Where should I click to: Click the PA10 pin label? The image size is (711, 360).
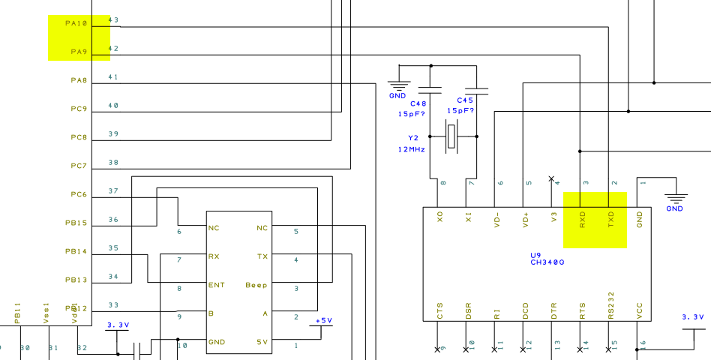pos(76,23)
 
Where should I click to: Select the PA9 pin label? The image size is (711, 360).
pos(79,52)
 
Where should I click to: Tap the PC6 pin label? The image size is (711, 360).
pos(79,195)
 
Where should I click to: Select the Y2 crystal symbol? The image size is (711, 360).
pos(451,136)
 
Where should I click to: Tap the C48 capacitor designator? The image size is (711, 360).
pos(418,103)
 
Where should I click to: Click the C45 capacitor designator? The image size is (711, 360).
pos(465,100)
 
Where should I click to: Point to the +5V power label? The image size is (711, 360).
pos(323,320)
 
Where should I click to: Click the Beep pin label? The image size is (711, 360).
pos(256,285)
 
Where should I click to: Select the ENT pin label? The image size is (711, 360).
pos(217,285)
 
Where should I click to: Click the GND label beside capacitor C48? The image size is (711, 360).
pos(397,96)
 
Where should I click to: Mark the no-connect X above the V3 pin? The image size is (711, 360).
pos(552,178)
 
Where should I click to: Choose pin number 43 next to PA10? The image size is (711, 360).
pos(113,20)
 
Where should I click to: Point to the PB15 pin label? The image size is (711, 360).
pos(76,223)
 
